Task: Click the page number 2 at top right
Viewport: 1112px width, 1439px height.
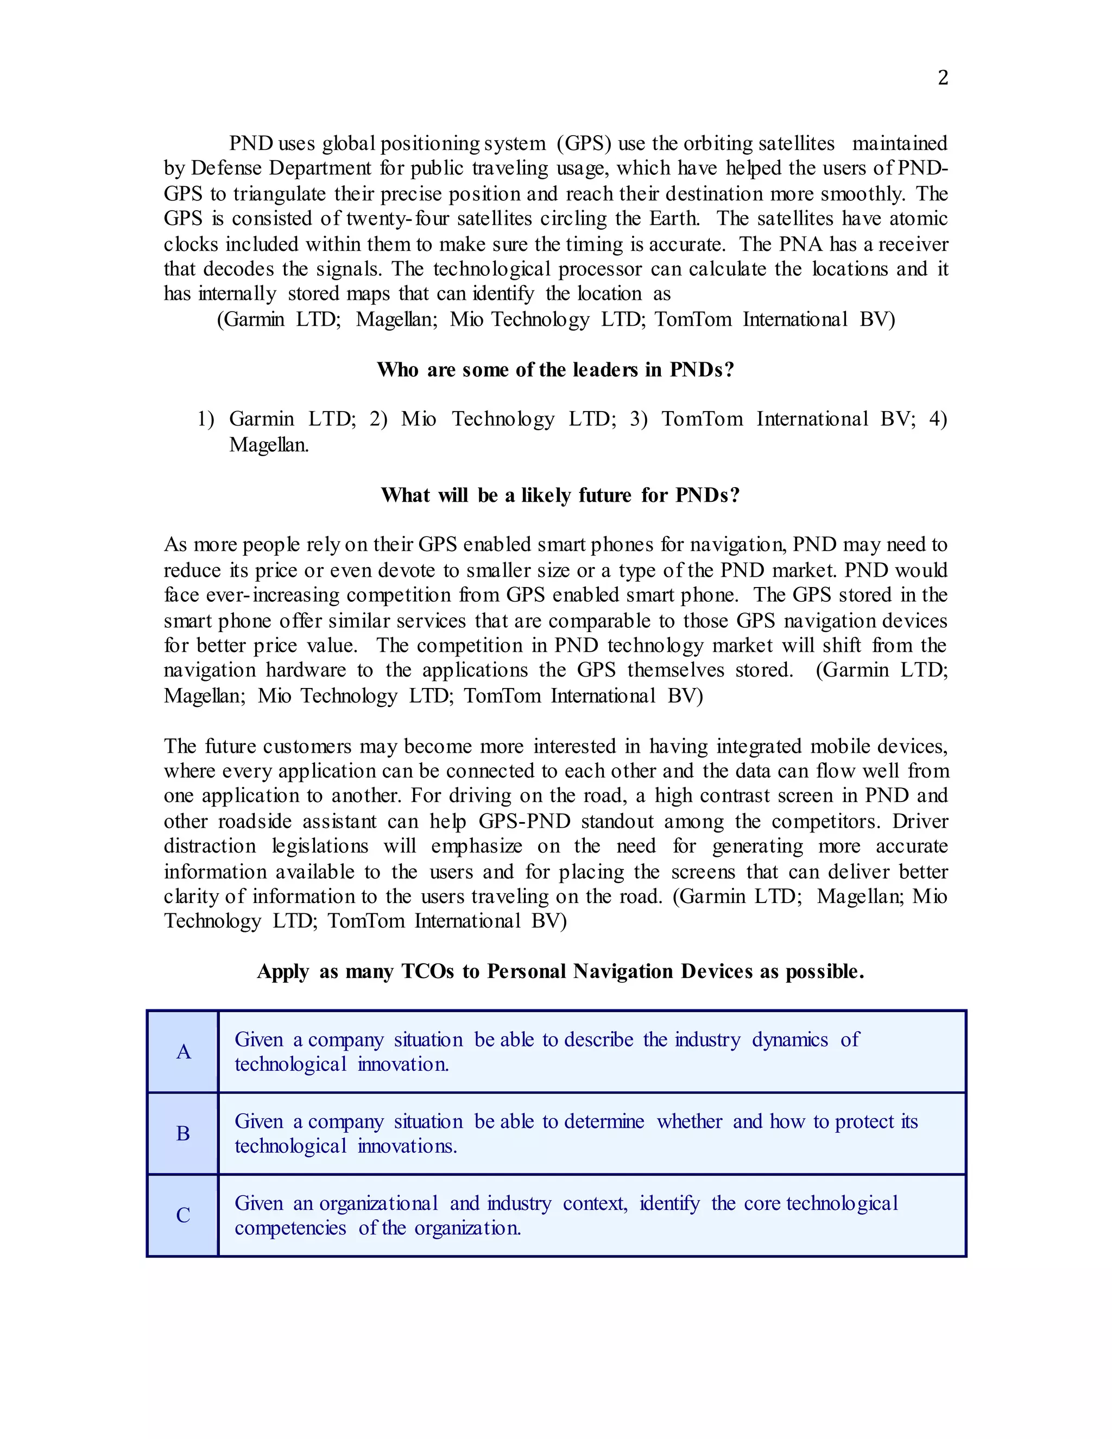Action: (x=943, y=78)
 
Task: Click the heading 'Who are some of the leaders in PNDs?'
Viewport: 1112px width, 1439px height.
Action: (x=555, y=370)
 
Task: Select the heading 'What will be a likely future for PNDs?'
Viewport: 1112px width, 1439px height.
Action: (x=560, y=495)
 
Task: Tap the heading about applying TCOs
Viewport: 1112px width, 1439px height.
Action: (x=560, y=971)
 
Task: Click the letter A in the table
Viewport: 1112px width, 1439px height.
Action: (x=183, y=1052)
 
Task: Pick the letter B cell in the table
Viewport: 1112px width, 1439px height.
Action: (x=183, y=1133)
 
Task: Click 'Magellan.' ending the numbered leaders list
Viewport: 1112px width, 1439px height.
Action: (x=269, y=445)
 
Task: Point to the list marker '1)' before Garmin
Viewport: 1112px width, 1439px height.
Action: (x=206, y=419)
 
